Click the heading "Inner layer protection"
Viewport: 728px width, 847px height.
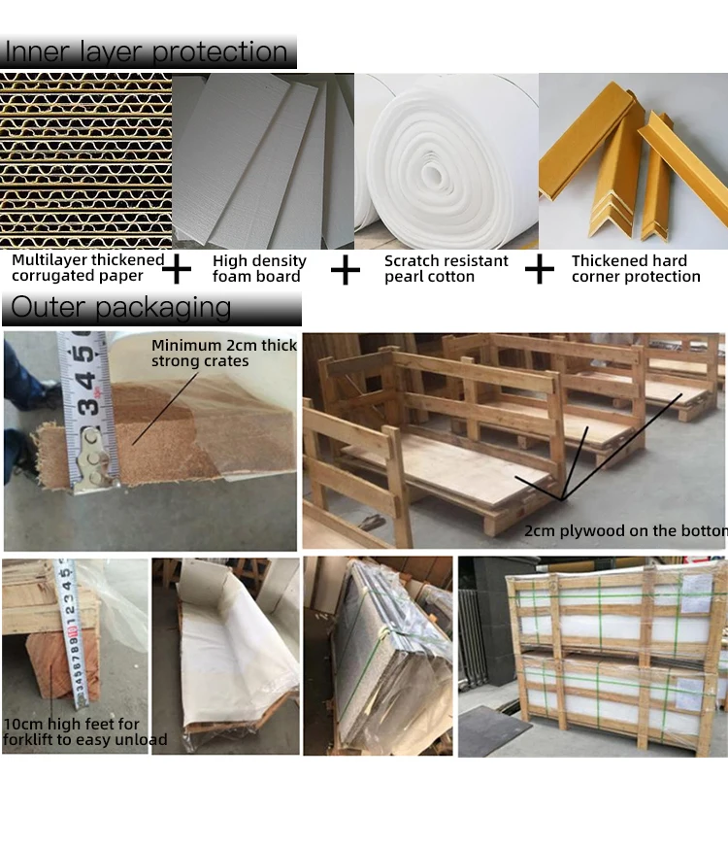click(147, 51)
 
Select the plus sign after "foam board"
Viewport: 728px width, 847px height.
click(345, 269)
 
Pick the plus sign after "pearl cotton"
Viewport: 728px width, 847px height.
click(539, 268)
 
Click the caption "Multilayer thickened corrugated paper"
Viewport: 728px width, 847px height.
click(87, 268)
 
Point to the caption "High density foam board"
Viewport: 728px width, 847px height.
click(259, 268)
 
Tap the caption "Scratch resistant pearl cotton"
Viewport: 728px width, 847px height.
click(446, 268)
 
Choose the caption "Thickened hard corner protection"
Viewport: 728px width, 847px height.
click(636, 268)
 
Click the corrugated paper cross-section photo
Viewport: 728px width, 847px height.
click(85, 160)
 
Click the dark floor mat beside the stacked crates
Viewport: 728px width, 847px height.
click(494, 728)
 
